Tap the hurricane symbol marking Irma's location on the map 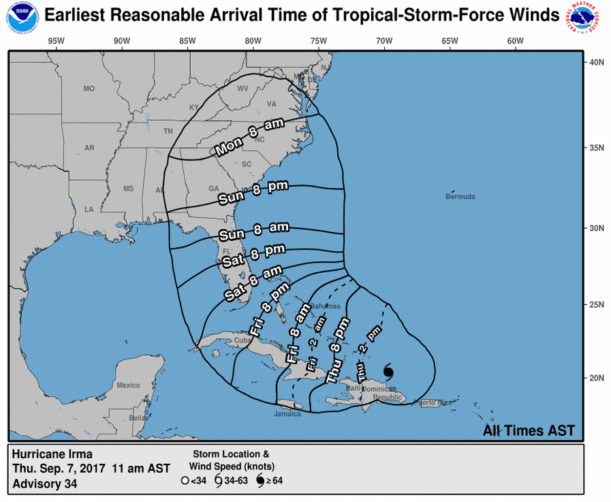pyautogui.click(x=388, y=373)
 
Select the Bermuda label pyautogui.click(x=460, y=197)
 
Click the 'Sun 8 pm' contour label pyautogui.click(x=254, y=193)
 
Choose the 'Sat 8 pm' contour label pyautogui.click(x=253, y=256)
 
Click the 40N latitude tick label pyautogui.click(x=597, y=63)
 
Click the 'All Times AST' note pyautogui.click(x=529, y=430)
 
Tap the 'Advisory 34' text pyautogui.click(x=45, y=484)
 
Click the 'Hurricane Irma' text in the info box pyautogui.click(x=52, y=454)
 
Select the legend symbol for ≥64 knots pyautogui.click(x=260, y=479)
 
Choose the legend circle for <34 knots pyautogui.click(x=184, y=480)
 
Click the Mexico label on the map pyautogui.click(x=127, y=385)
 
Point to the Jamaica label pyautogui.click(x=287, y=413)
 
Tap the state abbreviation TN pyautogui.click(x=168, y=131)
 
